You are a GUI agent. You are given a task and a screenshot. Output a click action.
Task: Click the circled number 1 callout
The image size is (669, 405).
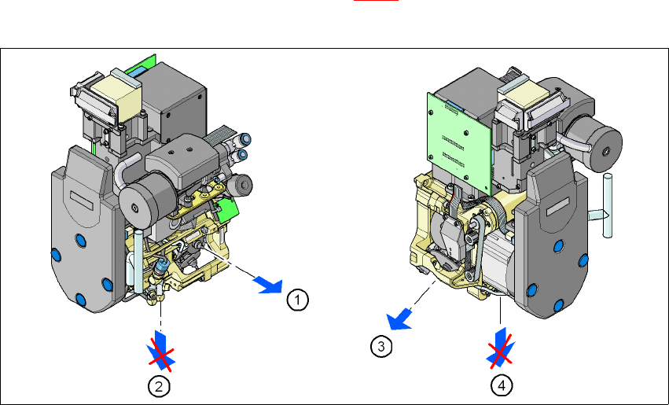coord(297,300)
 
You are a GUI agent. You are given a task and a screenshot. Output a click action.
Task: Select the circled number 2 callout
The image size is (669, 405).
coord(159,387)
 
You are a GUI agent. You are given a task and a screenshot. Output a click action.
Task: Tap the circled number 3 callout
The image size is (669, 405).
coord(381,346)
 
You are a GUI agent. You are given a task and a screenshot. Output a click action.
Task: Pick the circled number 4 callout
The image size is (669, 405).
coord(502,386)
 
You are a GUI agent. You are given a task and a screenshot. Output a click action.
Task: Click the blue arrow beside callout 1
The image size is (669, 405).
coord(268,285)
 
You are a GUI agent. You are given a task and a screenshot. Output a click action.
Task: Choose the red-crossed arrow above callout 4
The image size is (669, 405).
coord(501,348)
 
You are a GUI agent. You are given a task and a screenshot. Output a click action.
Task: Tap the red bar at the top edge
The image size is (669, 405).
coord(376,1)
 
